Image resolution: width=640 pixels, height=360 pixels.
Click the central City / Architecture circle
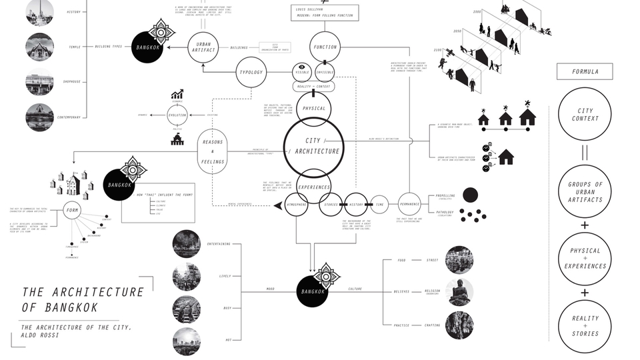pyautogui.click(x=313, y=146)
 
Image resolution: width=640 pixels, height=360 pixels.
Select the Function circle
pyautogui.click(x=325, y=47)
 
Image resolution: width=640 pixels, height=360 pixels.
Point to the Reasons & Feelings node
pyautogui.click(x=213, y=151)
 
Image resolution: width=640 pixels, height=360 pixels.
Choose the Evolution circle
pyautogui.click(x=177, y=115)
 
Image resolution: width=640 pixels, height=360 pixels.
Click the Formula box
pyautogui.click(x=585, y=71)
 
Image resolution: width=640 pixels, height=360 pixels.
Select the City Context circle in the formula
pyautogui.click(x=585, y=115)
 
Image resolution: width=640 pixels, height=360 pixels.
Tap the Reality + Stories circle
pyautogui.click(x=585, y=326)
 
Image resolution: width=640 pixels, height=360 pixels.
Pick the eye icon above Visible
pyautogui.click(x=301, y=67)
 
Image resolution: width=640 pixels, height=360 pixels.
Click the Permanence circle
pyautogui.click(x=409, y=204)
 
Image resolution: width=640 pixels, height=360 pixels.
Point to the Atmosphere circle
pyautogui.click(x=297, y=205)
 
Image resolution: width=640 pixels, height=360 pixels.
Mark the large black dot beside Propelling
pyautogui.click(x=471, y=195)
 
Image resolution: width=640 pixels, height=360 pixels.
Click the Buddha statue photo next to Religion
pyautogui.click(x=459, y=292)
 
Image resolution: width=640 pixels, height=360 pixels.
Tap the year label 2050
pyautogui.click(x=457, y=31)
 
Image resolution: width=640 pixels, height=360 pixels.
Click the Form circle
pyautogui.click(x=73, y=211)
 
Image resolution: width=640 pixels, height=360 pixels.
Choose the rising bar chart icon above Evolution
pyautogui.click(x=177, y=95)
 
